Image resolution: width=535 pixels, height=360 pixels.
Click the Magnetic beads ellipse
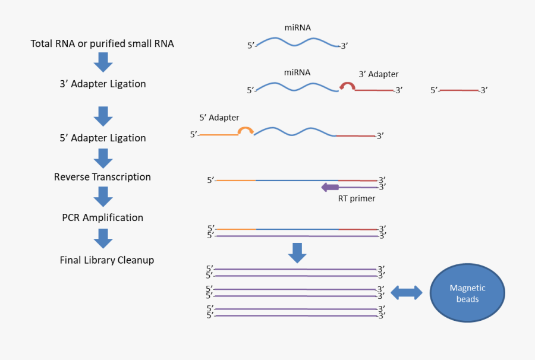point(467,292)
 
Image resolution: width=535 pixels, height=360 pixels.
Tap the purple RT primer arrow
point(330,187)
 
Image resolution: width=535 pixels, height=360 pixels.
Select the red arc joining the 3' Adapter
point(347,87)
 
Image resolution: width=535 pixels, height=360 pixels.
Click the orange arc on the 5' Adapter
point(246,131)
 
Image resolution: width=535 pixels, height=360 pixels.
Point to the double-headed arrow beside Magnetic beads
point(407,292)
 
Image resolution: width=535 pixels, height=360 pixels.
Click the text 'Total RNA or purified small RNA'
point(102,44)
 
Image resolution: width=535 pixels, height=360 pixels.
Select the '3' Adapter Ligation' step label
point(103,84)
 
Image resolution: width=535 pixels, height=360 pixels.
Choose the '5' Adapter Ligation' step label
point(103,138)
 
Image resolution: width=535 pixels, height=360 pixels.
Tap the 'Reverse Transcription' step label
point(102,177)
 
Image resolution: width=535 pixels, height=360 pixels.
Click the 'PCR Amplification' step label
point(103,217)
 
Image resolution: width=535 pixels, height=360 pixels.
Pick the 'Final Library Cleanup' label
point(107,260)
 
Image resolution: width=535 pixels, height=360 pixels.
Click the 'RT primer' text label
point(357,198)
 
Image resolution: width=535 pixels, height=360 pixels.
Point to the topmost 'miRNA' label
point(297,28)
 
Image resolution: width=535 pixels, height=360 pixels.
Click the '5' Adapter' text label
point(219,118)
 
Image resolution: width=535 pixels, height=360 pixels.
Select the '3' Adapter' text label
point(379,74)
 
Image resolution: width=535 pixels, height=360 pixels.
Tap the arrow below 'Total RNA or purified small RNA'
point(103,62)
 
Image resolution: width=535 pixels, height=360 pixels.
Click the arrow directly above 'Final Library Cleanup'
point(103,239)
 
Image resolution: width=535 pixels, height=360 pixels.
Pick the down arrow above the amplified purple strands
point(297,252)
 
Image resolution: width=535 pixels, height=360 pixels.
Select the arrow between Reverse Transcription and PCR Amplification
point(103,196)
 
